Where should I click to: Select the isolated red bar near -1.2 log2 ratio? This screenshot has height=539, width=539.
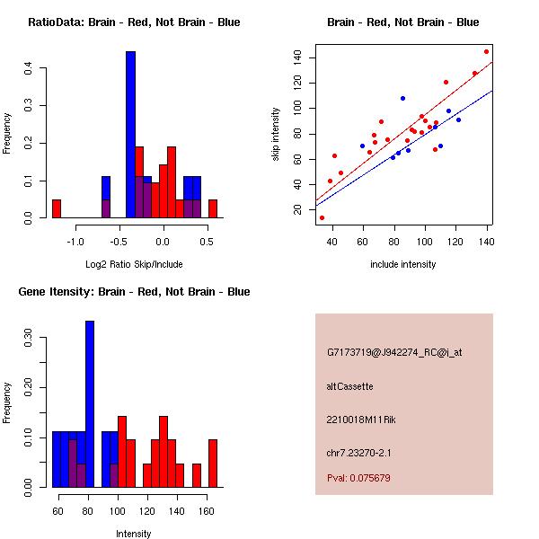57,208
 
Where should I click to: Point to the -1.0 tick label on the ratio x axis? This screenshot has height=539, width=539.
75,241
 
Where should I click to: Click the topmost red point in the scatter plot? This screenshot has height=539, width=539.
486,51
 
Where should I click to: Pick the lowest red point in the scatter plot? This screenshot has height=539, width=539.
322,217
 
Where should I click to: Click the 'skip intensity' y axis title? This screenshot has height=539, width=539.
276,135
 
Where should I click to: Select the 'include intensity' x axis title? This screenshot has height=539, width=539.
402,265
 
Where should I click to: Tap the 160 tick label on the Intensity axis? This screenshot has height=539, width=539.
207,510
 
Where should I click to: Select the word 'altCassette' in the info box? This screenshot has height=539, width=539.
349,386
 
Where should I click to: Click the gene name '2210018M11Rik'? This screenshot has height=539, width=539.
358,420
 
